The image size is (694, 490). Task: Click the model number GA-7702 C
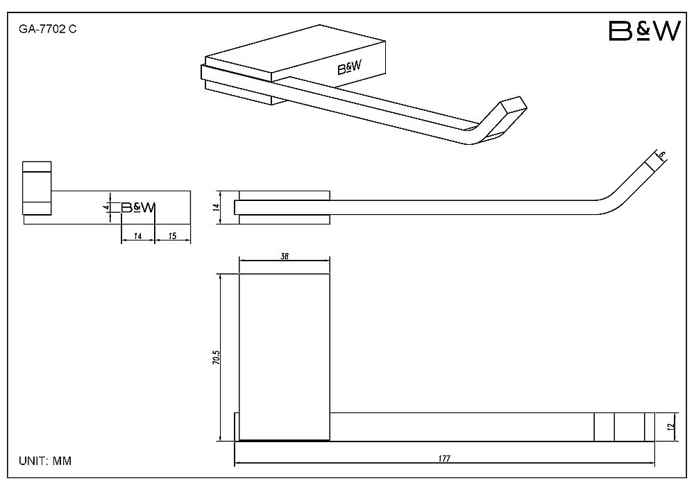[x=47, y=29]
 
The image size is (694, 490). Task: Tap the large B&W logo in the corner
[x=644, y=31]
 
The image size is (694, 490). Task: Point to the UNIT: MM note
[x=44, y=461]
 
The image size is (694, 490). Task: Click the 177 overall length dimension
[x=444, y=459]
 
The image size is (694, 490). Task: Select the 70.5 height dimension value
[x=216, y=358]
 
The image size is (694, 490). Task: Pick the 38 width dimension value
[x=284, y=256]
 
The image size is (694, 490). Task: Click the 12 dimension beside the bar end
[x=671, y=427]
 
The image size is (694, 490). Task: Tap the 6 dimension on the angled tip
[x=661, y=155]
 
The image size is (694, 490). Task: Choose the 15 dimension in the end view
[x=173, y=236]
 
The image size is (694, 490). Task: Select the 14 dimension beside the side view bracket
[x=216, y=207]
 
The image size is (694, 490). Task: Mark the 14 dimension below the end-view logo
[x=137, y=236]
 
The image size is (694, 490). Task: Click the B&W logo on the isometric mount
[x=349, y=68]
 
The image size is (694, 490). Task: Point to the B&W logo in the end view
[x=138, y=207]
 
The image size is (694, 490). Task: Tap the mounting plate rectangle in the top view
[x=284, y=357]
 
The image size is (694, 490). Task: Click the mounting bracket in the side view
[x=284, y=207]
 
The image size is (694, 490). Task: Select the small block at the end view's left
[x=37, y=189]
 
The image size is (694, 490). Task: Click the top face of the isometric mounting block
[x=295, y=53]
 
